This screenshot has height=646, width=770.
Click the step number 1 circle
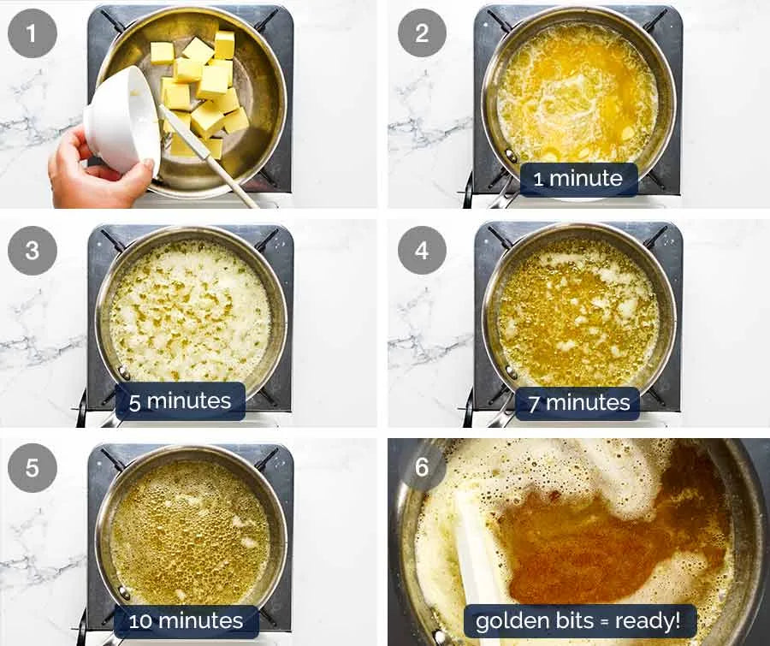point(33,34)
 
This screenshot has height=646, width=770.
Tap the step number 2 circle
point(422,33)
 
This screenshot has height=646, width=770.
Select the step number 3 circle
point(33,251)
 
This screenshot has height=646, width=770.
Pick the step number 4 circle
point(422,251)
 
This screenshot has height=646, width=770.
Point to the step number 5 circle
point(33,469)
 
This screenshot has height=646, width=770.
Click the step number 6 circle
point(422,467)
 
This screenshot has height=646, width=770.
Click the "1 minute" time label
point(579,180)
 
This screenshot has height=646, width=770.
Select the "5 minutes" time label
point(181,400)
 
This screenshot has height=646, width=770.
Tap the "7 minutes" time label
point(578,402)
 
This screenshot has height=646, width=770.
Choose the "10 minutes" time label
point(186,620)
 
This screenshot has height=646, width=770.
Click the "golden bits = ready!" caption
point(578,620)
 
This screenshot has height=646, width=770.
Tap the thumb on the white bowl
point(146,169)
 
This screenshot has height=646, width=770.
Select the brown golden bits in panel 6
point(582,539)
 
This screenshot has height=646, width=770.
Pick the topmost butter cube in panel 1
point(224,44)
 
